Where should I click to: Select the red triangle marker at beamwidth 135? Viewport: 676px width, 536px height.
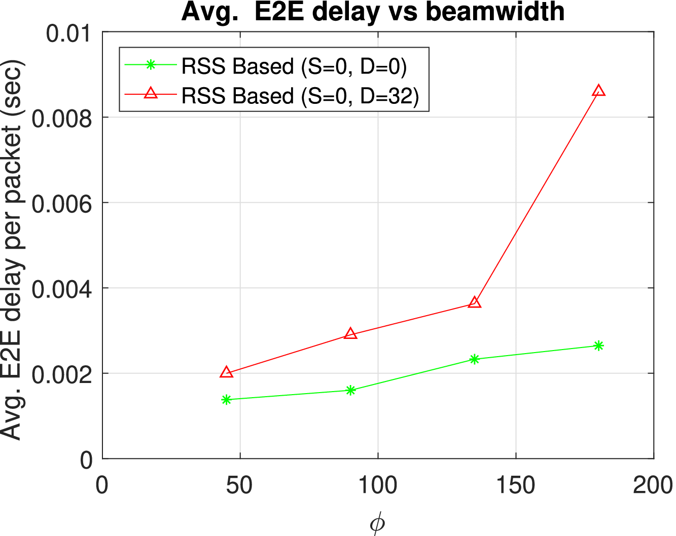(x=474, y=303)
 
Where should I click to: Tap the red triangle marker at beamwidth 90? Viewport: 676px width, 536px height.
(x=350, y=334)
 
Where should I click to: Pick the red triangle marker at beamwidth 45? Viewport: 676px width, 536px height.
(x=226, y=372)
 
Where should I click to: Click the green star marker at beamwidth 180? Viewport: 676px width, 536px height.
(x=598, y=346)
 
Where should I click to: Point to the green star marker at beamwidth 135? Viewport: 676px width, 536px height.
(x=474, y=359)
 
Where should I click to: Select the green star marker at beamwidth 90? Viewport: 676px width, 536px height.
(x=350, y=390)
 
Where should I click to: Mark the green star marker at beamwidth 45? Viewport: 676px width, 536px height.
(x=226, y=400)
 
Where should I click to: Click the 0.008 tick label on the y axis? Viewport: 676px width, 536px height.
(x=62, y=119)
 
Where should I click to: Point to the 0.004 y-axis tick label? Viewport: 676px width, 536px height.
(x=62, y=289)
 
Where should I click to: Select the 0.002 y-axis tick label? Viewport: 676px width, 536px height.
(x=62, y=375)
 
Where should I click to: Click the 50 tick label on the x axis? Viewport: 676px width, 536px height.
(x=239, y=485)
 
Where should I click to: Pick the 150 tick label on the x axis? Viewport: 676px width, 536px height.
(x=516, y=485)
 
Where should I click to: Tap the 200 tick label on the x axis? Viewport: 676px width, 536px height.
(x=653, y=485)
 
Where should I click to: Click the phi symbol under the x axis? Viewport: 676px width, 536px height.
(x=377, y=524)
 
